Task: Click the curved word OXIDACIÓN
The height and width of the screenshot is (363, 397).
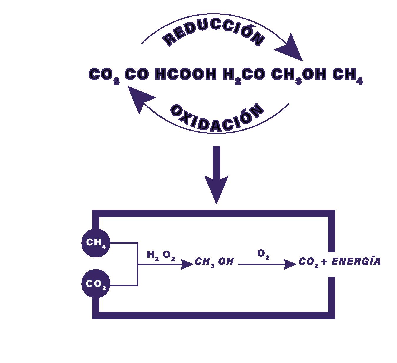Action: (x=216, y=116)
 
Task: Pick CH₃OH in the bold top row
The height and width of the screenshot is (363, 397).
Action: (x=298, y=75)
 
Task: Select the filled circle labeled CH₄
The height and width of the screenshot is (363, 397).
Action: (x=96, y=243)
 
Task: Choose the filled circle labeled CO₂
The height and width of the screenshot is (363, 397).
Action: (x=96, y=284)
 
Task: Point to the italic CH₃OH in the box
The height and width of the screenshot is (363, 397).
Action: (x=214, y=262)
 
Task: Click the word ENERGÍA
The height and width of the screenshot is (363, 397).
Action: (x=356, y=261)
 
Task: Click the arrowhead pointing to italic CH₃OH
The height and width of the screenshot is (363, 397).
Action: (x=187, y=264)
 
